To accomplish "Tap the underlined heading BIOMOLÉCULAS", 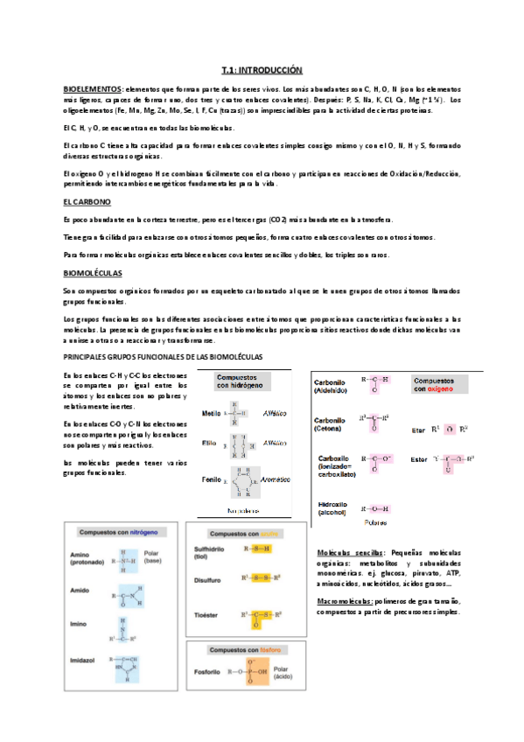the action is tap(92, 272).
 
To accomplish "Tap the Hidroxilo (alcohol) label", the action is tap(333, 508).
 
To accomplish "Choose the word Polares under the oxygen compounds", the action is tap(376, 523).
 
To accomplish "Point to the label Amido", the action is tap(81, 592).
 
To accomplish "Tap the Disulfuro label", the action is tap(207, 578).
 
